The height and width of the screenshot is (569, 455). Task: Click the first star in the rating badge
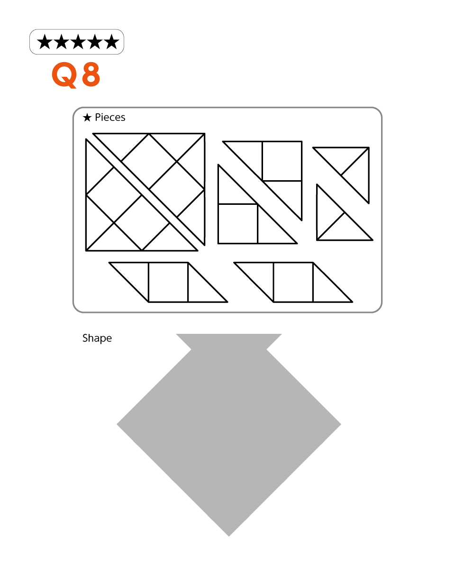(45, 42)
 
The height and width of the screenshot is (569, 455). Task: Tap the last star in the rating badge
(111, 42)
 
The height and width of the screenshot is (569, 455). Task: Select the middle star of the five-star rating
(78, 42)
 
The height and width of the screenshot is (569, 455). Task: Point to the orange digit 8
(91, 74)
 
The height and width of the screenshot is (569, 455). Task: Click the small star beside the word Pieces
(87, 118)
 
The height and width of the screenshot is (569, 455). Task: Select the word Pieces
(110, 118)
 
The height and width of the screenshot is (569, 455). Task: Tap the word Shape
(97, 339)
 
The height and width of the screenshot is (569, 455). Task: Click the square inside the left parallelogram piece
(168, 282)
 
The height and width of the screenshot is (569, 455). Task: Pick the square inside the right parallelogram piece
(293, 282)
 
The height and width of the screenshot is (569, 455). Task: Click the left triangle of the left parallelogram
(136, 275)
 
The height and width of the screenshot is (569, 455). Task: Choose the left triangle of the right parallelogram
(260, 275)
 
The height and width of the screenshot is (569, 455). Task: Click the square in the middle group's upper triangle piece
(282, 161)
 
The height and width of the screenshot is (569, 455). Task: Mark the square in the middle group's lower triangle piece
(238, 224)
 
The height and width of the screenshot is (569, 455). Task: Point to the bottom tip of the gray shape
(229, 536)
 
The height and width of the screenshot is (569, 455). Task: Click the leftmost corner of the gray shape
(117, 424)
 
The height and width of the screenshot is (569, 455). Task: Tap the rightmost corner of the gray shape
(341, 424)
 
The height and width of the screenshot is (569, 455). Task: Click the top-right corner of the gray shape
(282, 334)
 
